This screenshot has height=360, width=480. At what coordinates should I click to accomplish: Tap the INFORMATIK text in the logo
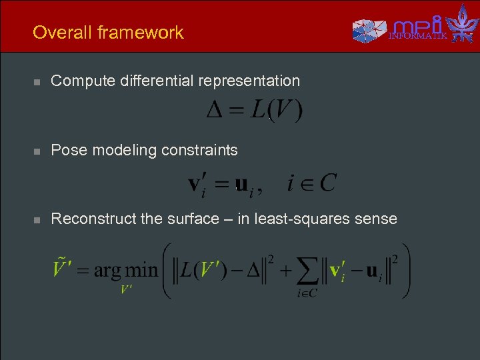tap(418, 35)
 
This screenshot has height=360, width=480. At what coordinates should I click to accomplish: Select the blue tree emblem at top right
tap(462, 24)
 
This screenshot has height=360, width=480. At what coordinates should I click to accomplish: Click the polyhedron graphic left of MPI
tap(369, 30)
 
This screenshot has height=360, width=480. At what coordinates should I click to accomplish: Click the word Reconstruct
tap(94, 219)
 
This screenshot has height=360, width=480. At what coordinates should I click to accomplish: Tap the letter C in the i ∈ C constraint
tap(327, 182)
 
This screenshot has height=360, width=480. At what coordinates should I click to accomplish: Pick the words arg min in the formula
tap(125, 271)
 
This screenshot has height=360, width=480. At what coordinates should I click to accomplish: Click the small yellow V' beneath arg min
tap(126, 290)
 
